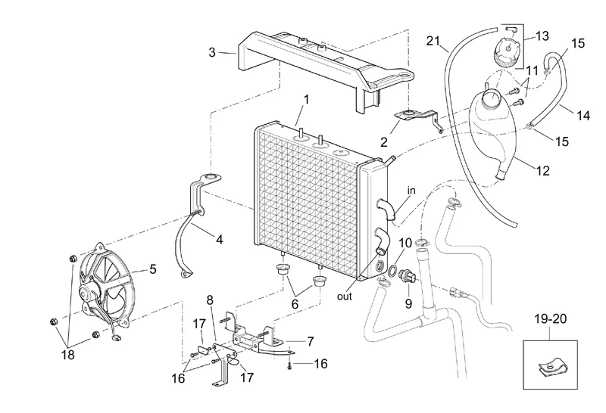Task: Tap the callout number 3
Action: click(212, 52)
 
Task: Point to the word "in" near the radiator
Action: click(411, 191)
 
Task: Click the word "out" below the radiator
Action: click(345, 297)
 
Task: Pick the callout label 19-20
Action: click(551, 318)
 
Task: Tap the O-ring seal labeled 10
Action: click(391, 271)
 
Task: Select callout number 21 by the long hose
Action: click(433, 41)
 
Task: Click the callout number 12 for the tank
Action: click(543, 170)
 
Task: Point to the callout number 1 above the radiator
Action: click(307, 100)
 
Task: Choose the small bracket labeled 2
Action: click(417, 117)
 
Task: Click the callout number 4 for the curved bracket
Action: click(219, 240)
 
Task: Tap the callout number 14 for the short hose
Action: click(583, 116)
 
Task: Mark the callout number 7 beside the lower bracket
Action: click(311, 342)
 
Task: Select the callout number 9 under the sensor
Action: click(408, 304)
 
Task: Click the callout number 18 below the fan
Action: click(68, 354)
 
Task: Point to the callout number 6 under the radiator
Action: click(295, 304)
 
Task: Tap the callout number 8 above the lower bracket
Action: click(210, 300)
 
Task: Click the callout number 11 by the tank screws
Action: click(533, 70)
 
